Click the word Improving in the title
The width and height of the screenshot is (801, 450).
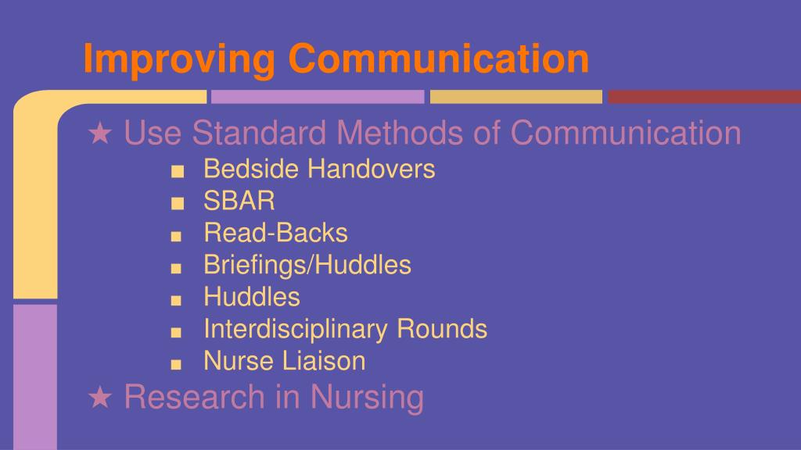(179, 60)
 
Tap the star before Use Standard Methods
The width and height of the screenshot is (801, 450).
(99, 134)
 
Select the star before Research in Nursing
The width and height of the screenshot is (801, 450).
(99, 398)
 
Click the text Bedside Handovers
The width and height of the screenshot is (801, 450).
(319, 169)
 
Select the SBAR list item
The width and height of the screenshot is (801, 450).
(239, 202)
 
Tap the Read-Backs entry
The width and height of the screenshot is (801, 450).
(275, 233)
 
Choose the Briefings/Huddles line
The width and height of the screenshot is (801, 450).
(307, 265)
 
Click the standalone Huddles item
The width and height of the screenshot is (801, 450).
(251, 297)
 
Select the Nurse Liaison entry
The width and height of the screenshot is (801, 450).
(284, 361)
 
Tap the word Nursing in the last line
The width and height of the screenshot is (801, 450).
(367, 397)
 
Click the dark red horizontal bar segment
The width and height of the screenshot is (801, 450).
(704, 97)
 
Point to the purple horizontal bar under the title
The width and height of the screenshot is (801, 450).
(317, 97)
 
